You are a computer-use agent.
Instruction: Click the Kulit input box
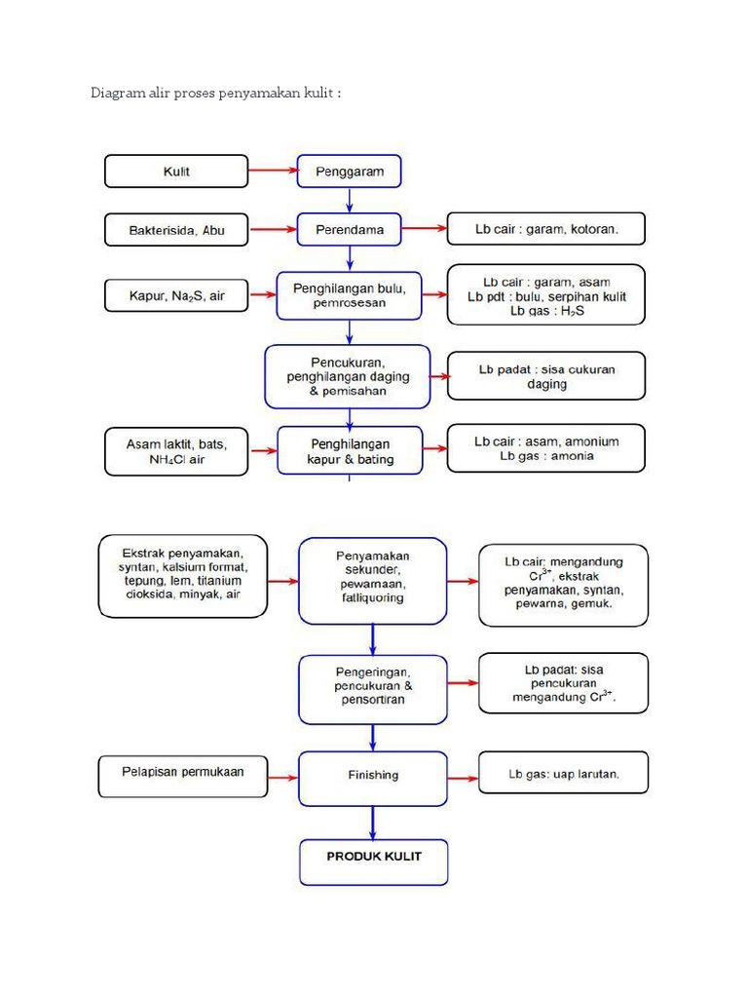pos(176,172)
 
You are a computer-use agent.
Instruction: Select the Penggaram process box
pos(349,172)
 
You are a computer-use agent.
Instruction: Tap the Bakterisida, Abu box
pos(176,230)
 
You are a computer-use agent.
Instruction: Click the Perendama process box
pos(349,230)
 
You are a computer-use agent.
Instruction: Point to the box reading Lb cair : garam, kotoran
pos(545,229)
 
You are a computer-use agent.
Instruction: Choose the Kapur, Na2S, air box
pos(176,295)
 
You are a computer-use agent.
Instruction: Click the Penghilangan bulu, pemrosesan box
pos(349,295)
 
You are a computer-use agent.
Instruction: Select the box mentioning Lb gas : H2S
pos(545,295)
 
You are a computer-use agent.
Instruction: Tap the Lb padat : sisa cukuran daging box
pos(545,376)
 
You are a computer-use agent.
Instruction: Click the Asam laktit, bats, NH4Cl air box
pos(176,452)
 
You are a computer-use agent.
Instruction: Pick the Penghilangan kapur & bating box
pos(350,451)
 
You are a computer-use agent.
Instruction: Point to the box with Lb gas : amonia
pos(545,448)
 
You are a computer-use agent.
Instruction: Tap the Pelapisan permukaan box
pos(182,773)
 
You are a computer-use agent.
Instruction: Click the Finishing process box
pos(372,777)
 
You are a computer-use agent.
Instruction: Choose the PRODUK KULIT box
pos(373,861)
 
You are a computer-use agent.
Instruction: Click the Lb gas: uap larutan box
pos(563,775)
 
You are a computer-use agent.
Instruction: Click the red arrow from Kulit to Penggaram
pos(272,172)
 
